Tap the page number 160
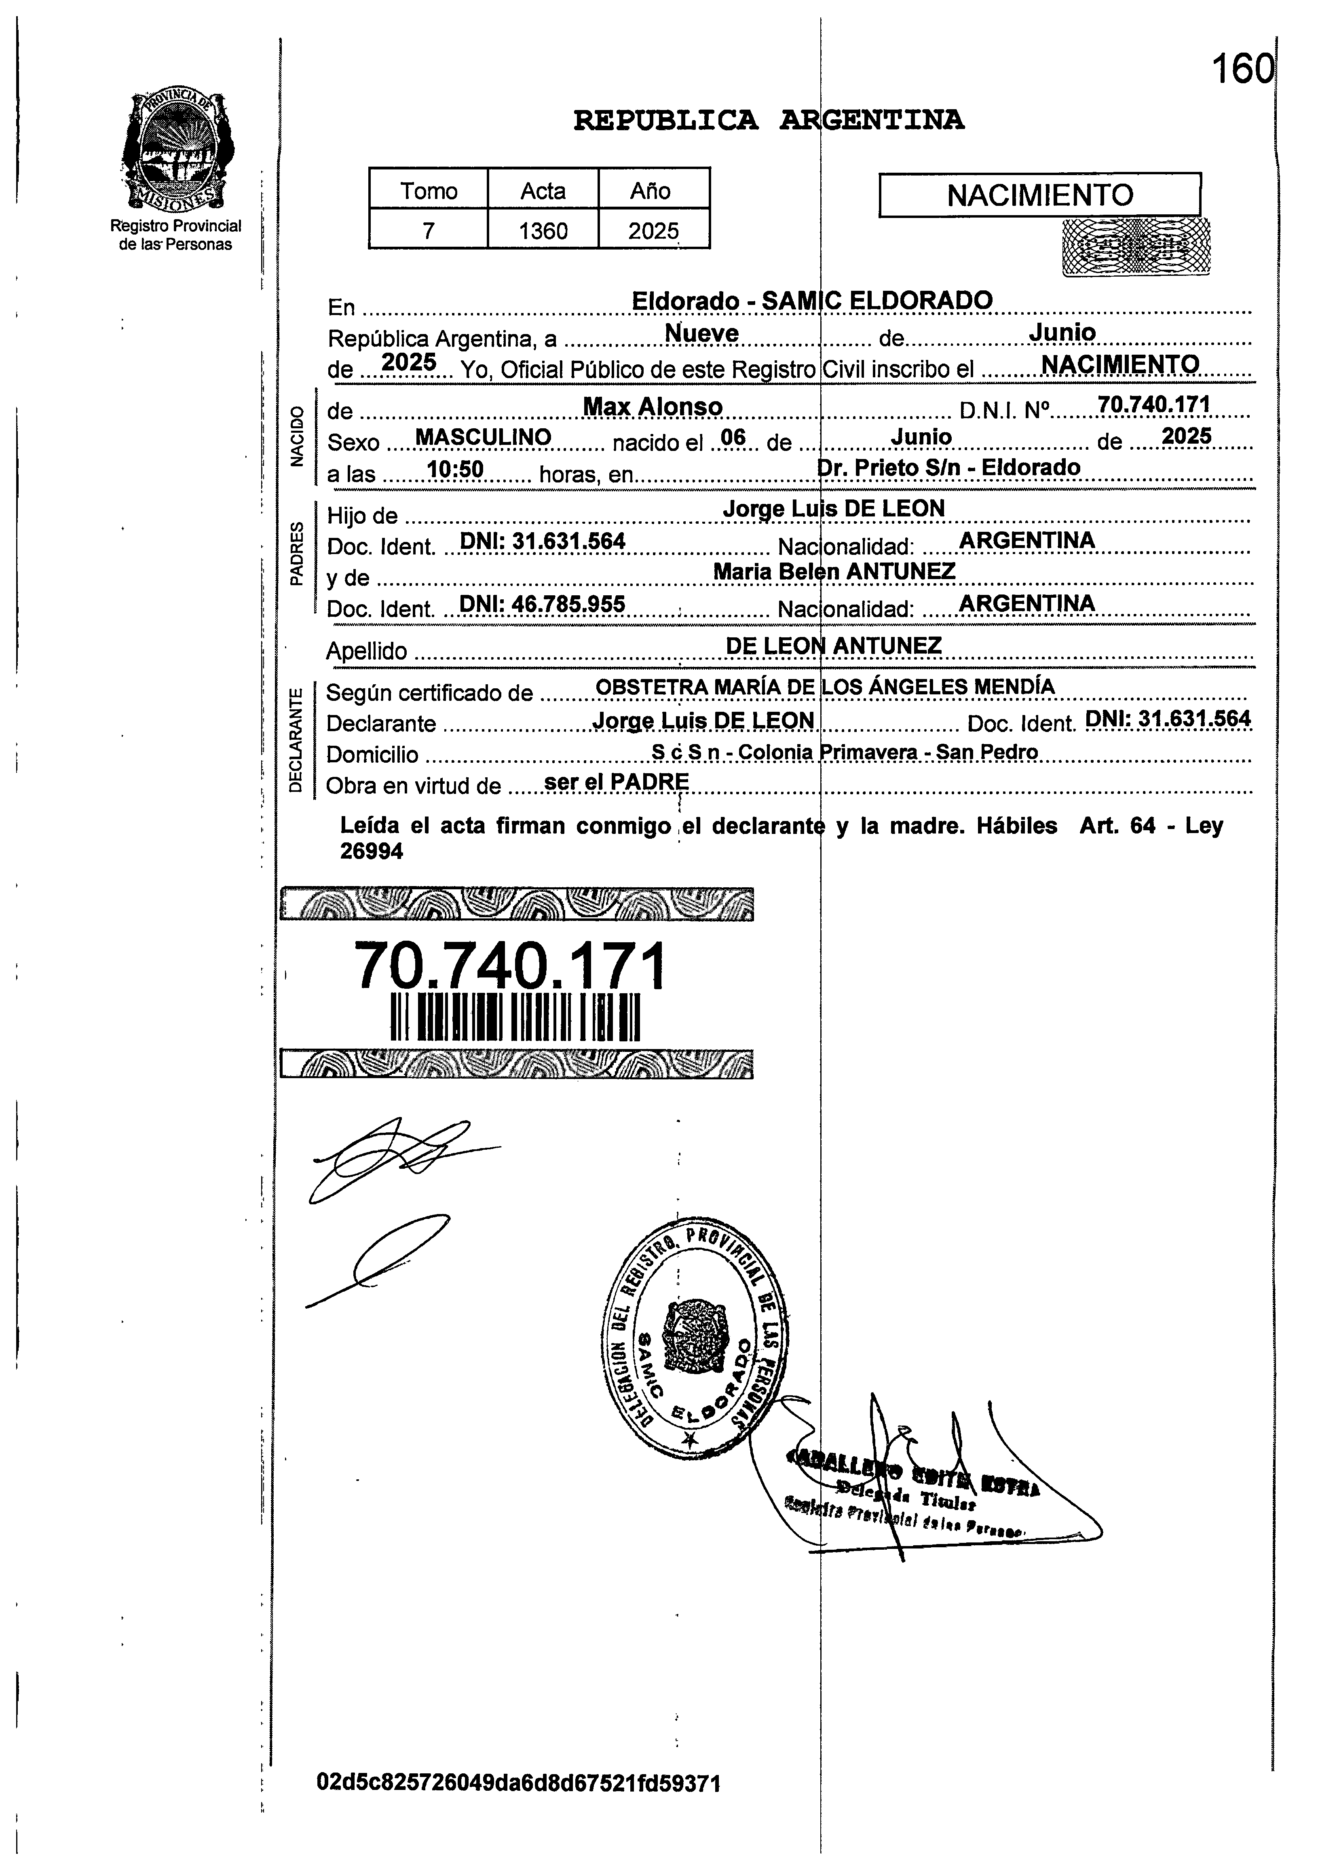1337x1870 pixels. click(x=1242, y=69)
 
